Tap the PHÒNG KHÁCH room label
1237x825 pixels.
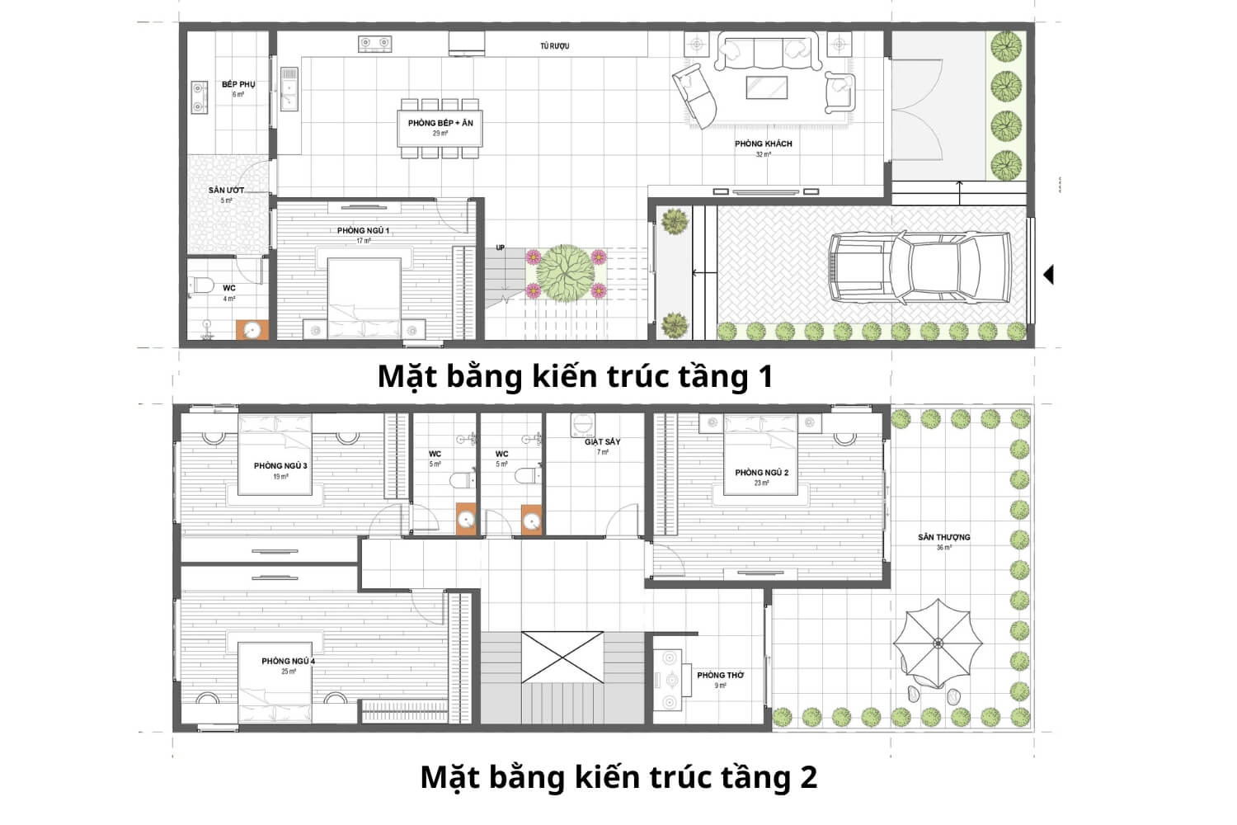(763, 144)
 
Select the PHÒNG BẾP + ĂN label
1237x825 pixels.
(440, 123)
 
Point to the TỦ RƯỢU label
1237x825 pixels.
(555, 46)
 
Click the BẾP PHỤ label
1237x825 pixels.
(238, 84)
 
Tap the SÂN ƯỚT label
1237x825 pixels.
(226, 191)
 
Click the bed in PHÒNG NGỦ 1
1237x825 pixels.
(365, 297)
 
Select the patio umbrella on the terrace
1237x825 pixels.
(938, 643)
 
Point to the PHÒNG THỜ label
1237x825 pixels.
(720, 675)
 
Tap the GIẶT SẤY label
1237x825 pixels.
(602, 442)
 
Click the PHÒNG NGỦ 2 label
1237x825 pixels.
(761, 473)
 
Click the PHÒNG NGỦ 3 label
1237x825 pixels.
(280, 466)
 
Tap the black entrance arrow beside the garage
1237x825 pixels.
(1048, 274)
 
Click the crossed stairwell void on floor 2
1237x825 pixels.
(562, 657)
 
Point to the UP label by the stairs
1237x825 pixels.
(500, 247)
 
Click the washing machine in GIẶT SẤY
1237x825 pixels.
(583, 427)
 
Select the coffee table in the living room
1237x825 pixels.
(766, 87)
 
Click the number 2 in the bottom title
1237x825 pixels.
(807, 777)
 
